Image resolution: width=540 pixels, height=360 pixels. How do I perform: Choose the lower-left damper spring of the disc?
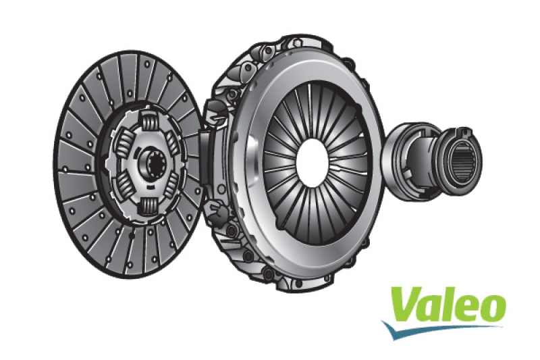tap(126, 186)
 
